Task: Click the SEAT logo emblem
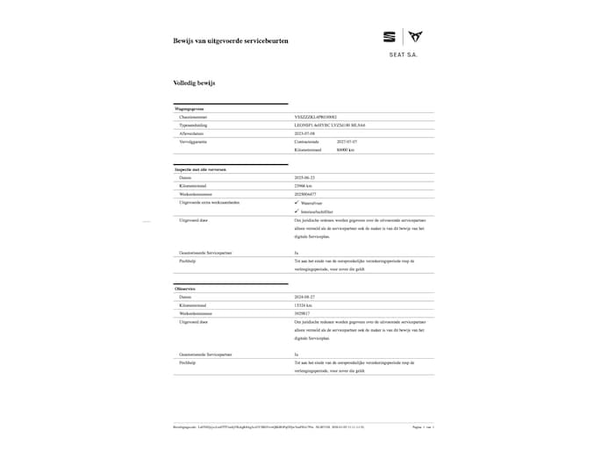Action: click(389, 37)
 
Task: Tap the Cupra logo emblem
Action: click(416, 37)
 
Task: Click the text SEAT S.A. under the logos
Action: click(403, 54)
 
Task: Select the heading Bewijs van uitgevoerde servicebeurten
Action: click(231, 41)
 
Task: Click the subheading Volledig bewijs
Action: click(194, 82)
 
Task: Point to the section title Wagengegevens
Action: click(190, 108)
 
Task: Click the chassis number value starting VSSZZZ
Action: click(321, 116)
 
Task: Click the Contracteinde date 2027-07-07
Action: click(347, 140)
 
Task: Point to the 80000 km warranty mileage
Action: click(345, 149)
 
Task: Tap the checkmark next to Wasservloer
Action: click(297, 202)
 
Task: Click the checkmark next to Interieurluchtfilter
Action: click(297, 211)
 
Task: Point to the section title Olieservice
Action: click(185, 289)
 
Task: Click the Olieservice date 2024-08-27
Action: click(307, 297)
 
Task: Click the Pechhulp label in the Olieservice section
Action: click(187, 362)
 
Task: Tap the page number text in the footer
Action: click(423, 427)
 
